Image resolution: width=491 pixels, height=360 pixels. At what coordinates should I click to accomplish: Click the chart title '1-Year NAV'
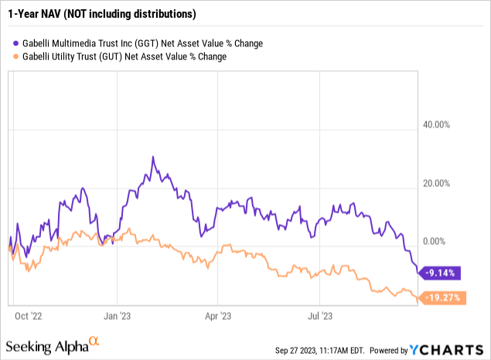36,14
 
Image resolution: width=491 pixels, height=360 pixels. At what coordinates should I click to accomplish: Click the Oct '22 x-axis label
29,314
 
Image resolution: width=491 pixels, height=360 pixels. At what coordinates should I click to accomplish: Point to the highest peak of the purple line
154,157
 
